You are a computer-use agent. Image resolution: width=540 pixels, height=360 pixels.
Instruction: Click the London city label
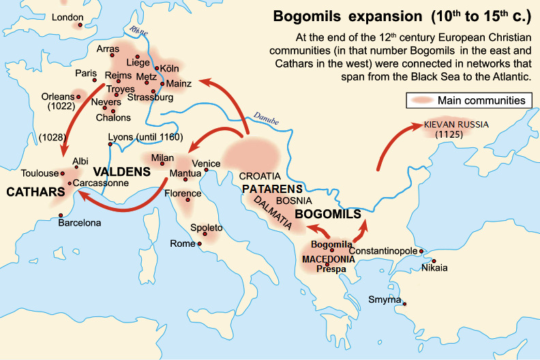click(x=66, y=16)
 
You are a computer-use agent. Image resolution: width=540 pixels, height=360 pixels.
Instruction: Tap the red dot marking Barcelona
click(x=61, y=215)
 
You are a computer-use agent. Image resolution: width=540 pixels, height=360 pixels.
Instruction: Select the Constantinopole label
click(x=387, y=251)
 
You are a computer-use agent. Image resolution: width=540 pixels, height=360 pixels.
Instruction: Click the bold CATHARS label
click(x=31, y=193)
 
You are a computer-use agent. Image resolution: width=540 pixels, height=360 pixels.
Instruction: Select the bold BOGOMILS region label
click(x=327, y=214)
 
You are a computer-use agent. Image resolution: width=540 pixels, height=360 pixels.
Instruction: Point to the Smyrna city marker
click(x=404, y=304)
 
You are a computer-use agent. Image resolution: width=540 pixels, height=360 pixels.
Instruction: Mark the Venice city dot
click(x=206, y=170)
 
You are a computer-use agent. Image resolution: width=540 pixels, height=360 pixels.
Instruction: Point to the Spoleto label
click(x=208, y=226)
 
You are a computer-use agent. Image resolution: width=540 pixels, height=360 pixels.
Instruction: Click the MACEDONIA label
click(x=328, y=259)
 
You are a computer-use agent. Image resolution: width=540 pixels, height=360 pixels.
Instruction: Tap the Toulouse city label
click(x=40, y=173)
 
